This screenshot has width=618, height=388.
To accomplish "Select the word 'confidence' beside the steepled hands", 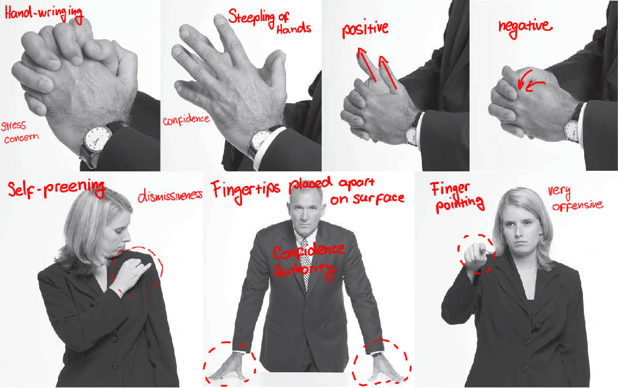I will click(x=186, y=119).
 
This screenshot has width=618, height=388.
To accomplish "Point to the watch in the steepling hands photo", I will click(x=260, y=141).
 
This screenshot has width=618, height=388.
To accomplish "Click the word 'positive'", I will click(x=365, y=28).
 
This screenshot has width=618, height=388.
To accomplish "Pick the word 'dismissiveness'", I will click(x=170, y=197).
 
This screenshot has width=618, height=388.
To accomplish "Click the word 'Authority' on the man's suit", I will click(x=304, y=270).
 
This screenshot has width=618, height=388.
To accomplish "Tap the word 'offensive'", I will click(x=577, y=205).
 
